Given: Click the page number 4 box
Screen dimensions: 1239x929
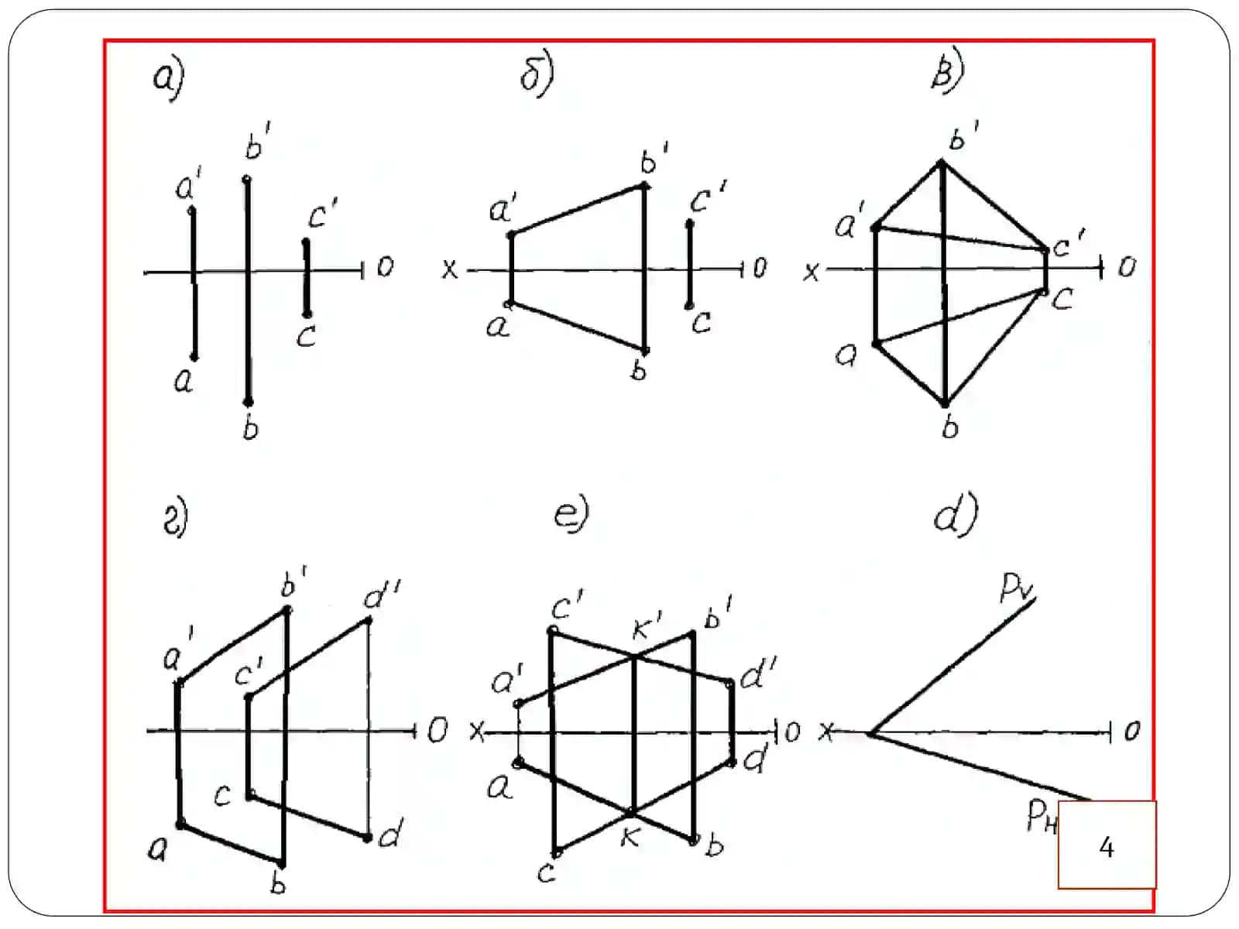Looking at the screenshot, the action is tap(1107, 845).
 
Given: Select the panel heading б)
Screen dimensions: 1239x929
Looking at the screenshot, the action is tap(537, 75).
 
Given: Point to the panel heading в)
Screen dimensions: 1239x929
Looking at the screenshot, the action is tap(948, 70).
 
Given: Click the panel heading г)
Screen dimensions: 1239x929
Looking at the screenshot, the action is tap(176, 518).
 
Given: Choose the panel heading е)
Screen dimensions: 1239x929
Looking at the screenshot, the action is tap(571, 513).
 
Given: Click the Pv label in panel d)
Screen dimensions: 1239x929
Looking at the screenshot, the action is tap(1017, 588).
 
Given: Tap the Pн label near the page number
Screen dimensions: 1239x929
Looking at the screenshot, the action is tap(1042, 816).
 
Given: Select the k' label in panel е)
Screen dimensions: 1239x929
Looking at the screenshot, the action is tap(647, 626).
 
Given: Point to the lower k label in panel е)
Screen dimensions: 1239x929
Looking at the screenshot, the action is tap(630, 838).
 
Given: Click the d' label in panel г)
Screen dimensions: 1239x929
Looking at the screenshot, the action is tap(382, 595).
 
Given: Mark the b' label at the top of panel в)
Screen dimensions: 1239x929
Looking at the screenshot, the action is tap(963, 135).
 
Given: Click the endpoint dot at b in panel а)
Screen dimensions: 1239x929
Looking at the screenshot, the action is tap(249, 402).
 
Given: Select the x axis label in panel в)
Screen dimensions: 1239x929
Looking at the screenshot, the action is tap(812, 272).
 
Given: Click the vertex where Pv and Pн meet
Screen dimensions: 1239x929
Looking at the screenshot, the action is tap(871, 735).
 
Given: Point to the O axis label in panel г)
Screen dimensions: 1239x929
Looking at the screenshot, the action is tap(438, 730).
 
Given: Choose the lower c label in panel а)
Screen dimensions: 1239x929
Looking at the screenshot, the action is tap(306, 336).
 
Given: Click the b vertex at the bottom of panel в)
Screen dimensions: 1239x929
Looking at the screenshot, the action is tap(945, 404).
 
